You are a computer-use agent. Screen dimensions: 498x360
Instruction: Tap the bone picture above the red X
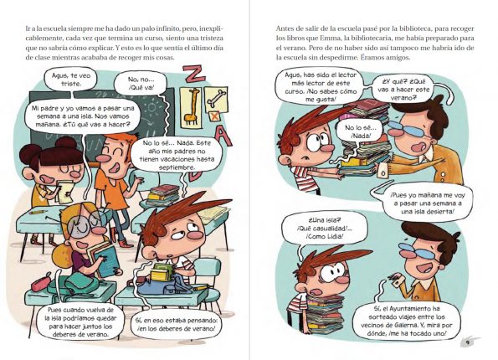[x=217, y=98]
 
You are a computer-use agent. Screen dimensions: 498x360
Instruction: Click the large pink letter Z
[x=193, y=75]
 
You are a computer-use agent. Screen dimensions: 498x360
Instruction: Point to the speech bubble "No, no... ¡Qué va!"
[x=140, y=83]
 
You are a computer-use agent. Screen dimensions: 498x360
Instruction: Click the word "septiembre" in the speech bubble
[x=177, y=167]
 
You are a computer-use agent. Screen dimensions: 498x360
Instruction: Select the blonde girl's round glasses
[x=85, y=223]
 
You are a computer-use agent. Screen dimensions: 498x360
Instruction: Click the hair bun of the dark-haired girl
[x=65, y=142]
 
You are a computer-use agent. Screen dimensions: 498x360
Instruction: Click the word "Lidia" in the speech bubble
[x=335, y=236]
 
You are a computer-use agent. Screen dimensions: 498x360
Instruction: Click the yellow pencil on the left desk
[x=39, y=212]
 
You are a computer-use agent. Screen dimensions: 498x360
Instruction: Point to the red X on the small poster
[x=215, y=116]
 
